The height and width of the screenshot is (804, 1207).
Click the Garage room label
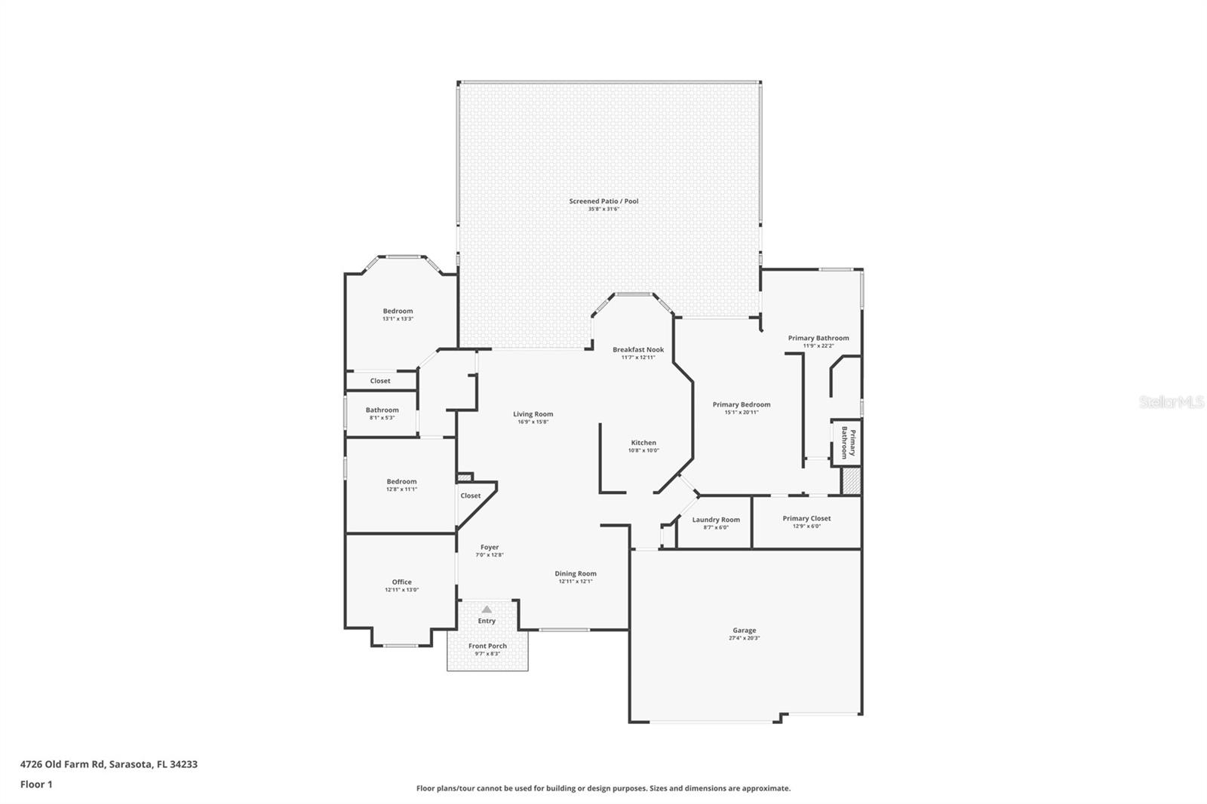tap(744, 631)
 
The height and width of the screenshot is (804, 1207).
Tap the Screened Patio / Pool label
tap(603, 201)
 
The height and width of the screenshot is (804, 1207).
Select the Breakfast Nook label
tap(638, 350)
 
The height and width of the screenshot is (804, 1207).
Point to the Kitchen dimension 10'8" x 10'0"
tap(643, 451)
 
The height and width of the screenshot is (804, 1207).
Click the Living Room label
tap(533, 414)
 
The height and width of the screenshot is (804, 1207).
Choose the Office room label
tap(401, 582)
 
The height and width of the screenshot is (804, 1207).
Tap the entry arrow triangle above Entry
tap(487, 609)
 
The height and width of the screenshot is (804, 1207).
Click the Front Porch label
tap(487, 646)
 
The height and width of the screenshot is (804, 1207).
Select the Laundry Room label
tap(716, 520)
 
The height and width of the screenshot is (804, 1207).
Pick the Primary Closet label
tap(806, 518)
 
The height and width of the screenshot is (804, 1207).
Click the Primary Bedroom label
tap(742, 405)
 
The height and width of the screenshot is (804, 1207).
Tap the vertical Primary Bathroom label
tap(848, 443)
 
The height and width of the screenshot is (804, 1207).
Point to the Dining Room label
tap(576, 574)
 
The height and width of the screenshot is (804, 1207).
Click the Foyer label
tap(490, 548)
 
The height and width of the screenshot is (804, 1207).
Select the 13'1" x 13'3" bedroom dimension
tap(398, 319)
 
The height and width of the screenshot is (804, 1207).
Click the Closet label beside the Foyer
tap(470, 496)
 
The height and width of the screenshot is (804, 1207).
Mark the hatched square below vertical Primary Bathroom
tap(851, 481)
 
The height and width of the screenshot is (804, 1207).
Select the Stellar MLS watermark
tap(1171, 403)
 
